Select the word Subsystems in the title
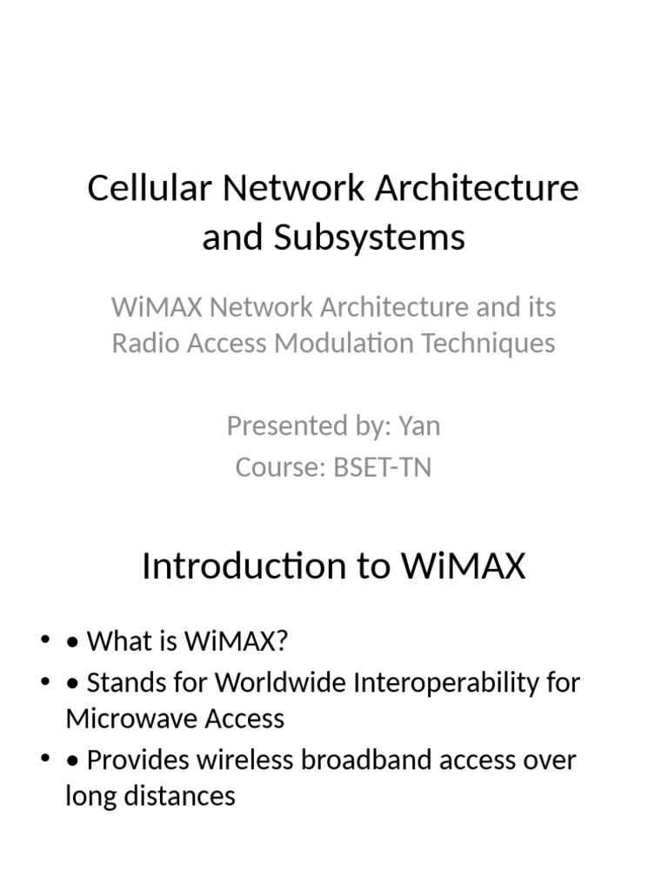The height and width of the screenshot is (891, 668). pyautogui.click(x=370, y=237)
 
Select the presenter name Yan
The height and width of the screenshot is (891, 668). pyautogui.click(x=419, y=425)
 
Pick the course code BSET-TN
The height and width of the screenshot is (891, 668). pyautogui.click(x=382, y=467)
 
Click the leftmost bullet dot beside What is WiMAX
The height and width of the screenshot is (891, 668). pyautogui.click(x=44, y=641)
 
